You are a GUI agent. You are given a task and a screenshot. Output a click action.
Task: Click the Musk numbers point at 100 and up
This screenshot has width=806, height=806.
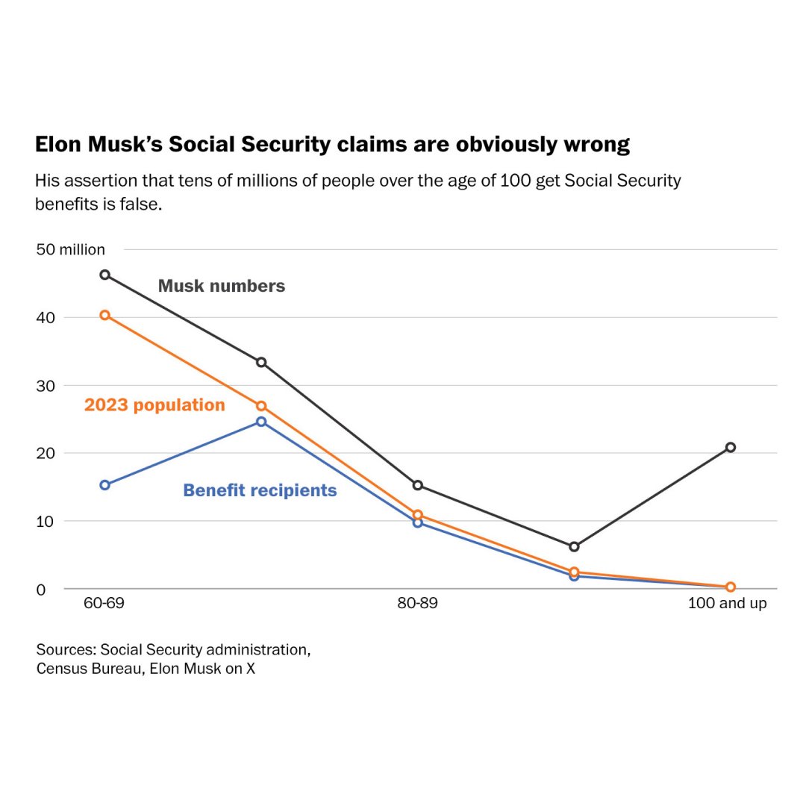tap(730, 447)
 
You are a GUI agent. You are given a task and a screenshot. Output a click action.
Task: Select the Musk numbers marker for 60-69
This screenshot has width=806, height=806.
tap(105, 275)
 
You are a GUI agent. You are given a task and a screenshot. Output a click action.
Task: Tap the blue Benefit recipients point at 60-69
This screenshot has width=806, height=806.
tap(105, 484)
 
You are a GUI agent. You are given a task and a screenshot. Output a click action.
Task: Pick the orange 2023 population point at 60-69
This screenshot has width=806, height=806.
tap(105, 315)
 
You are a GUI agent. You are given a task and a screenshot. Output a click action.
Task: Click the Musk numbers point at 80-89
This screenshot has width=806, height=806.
tap(418, 485)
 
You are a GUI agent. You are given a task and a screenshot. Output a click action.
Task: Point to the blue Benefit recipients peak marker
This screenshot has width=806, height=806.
tap(261, 422)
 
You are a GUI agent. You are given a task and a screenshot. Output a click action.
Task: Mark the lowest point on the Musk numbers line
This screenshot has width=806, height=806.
tap(574, 546)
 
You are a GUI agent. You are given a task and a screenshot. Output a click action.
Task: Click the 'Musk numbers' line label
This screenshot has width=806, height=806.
tap(222, 286)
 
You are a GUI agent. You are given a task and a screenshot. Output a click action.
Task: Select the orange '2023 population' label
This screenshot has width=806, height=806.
tap(154, 404)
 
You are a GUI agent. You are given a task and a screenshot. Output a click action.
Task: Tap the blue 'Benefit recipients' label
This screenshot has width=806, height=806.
tap(260, 490)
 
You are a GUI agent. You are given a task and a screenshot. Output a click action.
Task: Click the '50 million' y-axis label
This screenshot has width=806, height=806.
tap(71, 249)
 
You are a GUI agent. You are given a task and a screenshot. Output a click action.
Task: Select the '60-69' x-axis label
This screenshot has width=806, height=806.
tap(104, 603)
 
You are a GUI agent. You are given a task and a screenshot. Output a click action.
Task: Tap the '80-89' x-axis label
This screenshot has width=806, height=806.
tap(417, 603)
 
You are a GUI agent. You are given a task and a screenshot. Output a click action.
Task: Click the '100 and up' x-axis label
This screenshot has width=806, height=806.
tap(727, 603)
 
